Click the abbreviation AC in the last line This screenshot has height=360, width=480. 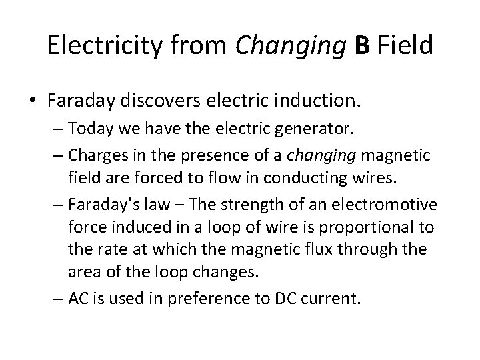[x=77, y=297]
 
